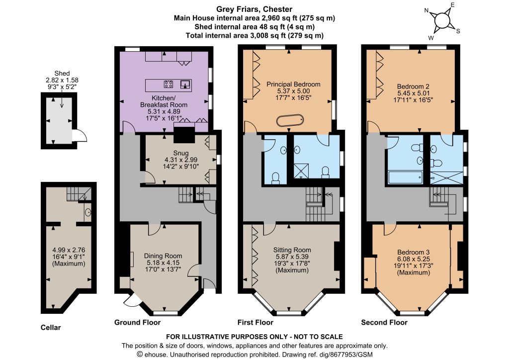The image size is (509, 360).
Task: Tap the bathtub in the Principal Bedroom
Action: click(290, 120)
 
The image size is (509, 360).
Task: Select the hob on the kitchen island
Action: click(168, 85)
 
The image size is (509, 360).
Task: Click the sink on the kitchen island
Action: click(185, 85)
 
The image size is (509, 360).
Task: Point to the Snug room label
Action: click(181, 153)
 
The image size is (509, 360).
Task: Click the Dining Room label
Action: click(163, 256)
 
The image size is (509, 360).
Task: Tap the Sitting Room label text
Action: click(292, 250)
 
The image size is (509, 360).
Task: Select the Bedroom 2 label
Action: click(413, 87)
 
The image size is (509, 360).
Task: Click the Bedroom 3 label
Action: click(414, 252)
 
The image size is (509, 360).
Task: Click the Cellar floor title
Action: click(51, 327)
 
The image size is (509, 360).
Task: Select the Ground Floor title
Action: click(137, 322)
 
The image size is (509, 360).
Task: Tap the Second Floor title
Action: click(384, 322)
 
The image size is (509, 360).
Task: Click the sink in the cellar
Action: click(88, 213)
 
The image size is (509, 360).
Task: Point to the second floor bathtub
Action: click(406, 178)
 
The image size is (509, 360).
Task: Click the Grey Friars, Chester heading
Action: click(254, 9)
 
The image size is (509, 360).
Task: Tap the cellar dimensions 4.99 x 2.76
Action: click(69, 250)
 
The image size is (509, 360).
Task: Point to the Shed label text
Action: click(62, 74)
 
